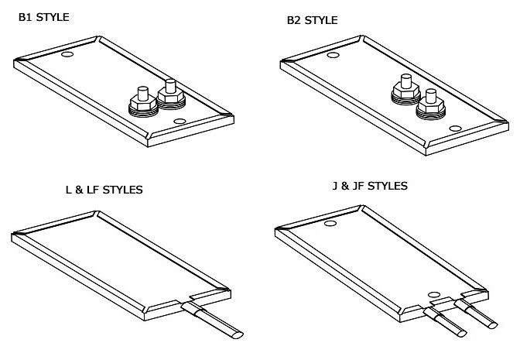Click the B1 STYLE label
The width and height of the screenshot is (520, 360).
(44, 15)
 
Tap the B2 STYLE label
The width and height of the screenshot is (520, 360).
(311, 19)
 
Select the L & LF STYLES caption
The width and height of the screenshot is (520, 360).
(104, 189)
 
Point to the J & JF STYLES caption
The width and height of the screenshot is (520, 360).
(368, 186)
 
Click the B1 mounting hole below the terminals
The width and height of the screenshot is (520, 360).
(180, 122)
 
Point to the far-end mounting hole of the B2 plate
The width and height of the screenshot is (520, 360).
(333, 55)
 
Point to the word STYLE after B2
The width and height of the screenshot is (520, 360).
(320, 19)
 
